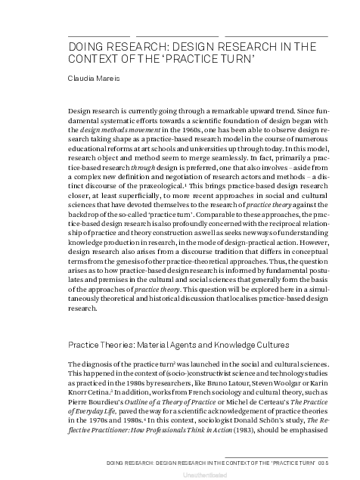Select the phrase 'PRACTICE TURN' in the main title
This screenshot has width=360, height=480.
click(215, 57)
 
